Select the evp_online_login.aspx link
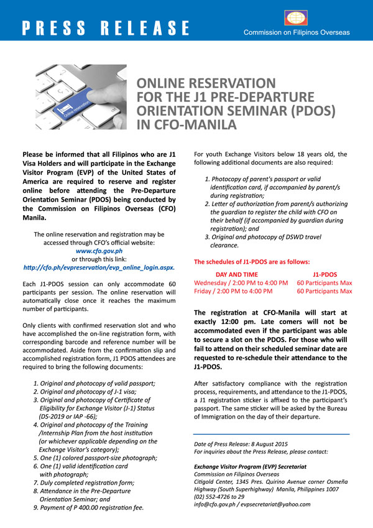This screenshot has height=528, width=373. tap(98, 266)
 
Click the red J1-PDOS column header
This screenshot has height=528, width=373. tap(324, 273)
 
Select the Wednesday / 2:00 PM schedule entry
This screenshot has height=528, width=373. tap(241, 282)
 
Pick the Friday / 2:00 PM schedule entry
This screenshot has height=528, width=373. tap(233, 290)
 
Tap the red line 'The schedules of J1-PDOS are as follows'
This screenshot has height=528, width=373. tap(252, 261)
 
